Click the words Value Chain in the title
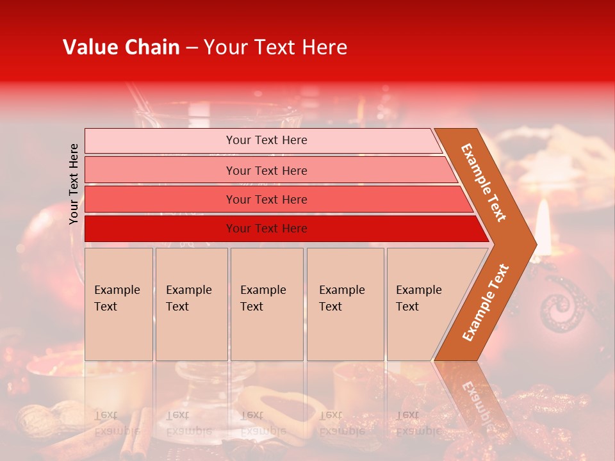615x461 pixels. tap(121, 47)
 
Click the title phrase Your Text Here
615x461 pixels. tap(275, 47)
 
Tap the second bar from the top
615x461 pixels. tap(266, 170)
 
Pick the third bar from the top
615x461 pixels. tap(266, 199)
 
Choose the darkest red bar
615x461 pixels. tap(266, 229)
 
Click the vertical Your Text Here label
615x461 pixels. tap(74, 184)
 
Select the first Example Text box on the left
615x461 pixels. tap(119, 304)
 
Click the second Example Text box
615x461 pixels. tap(191, 304)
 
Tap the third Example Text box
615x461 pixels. tap(266, 304)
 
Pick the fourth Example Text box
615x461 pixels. tap(345, 304)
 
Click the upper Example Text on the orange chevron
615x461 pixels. tap(484, 182)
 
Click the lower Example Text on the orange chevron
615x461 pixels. tap(486, 302)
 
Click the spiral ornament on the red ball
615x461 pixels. tap(561, 304)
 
